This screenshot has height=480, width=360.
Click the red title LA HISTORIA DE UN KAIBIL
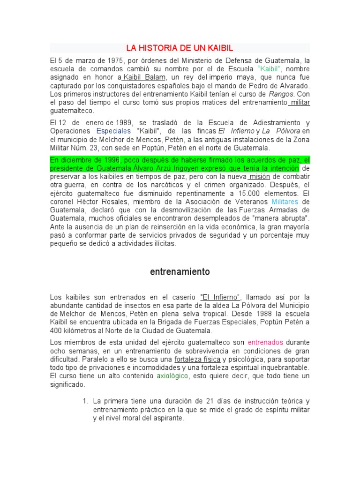[180, 48]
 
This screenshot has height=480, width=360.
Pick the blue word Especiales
[113, 131]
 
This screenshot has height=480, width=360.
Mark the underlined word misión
[258, 177]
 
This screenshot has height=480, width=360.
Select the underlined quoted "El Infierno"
[220, 297]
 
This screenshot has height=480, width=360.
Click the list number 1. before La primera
[85, 401]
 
